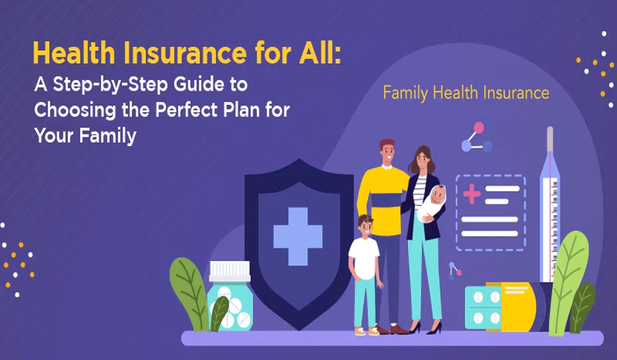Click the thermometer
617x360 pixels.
[549, 206]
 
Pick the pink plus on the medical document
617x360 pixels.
[471, 194]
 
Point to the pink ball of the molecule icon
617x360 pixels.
[479, 127]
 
